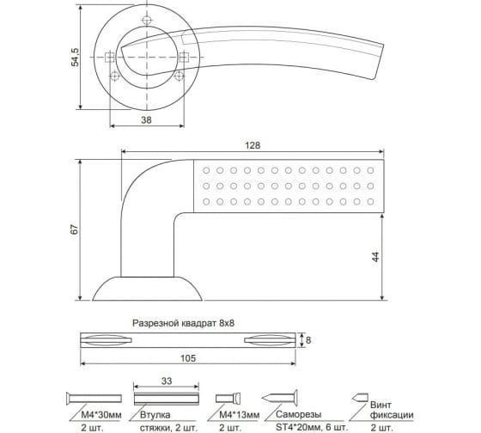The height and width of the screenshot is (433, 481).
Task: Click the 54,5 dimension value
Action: (76, 58)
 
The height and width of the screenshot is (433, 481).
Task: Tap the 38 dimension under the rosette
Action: (146, 120)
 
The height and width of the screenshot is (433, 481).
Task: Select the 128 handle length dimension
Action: (253, 145)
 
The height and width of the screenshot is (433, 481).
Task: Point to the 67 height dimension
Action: (75, 229)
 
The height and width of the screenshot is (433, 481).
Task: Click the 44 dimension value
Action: (375, 257)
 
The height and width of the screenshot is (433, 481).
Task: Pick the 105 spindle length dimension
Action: (188, 358)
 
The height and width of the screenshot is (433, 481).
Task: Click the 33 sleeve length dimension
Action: (167, 381)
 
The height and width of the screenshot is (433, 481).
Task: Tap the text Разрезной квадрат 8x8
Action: (183, 323)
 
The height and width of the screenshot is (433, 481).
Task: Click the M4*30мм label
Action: (101, 415)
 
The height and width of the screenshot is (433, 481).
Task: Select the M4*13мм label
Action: (240, 415)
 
